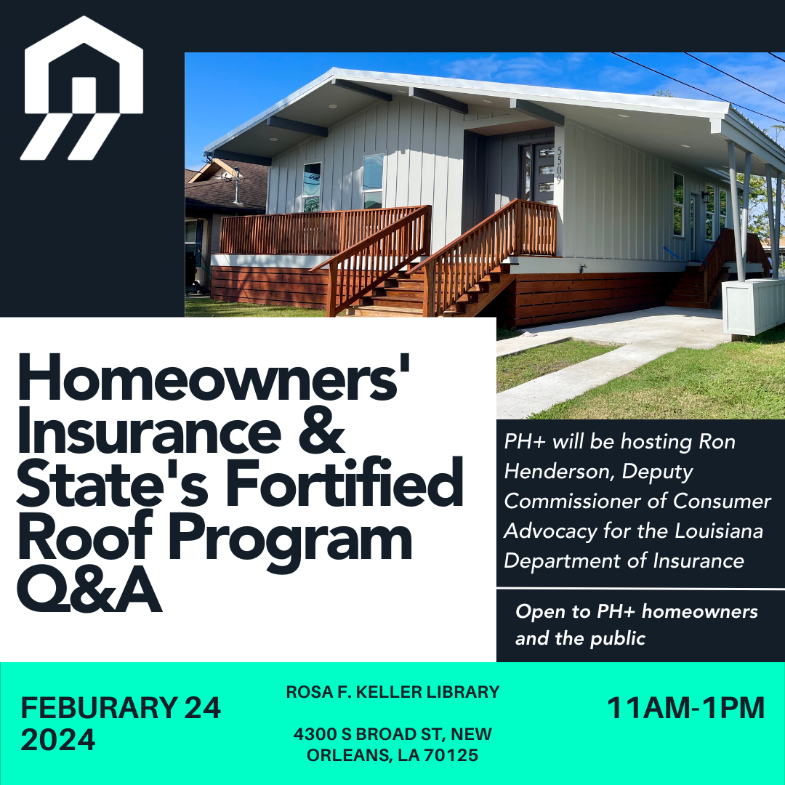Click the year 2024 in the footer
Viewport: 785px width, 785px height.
[x=58, y=740]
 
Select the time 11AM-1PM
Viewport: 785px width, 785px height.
[x=685, y=708]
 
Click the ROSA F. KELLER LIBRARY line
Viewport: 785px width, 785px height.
[x=392, y=692]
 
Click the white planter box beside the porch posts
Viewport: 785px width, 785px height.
[x=753, y=306]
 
